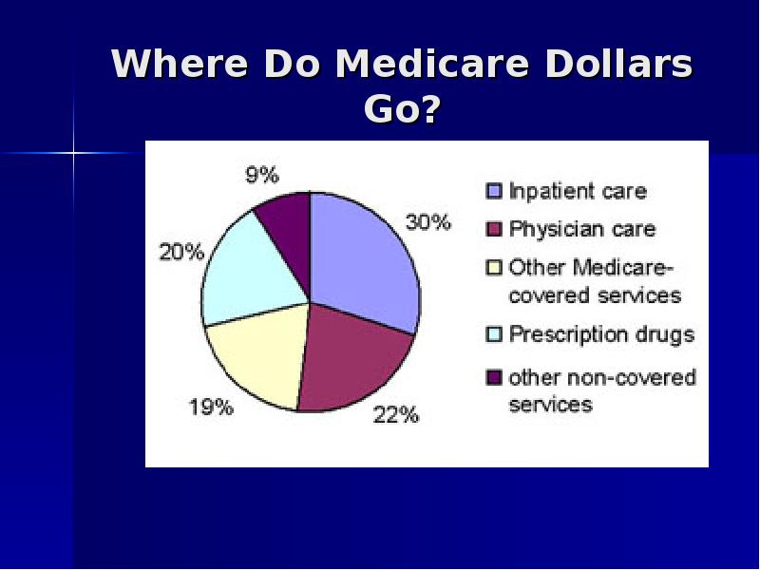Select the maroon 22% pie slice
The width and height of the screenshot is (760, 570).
tap(351, 356)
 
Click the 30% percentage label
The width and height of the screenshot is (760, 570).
tap(427, 222)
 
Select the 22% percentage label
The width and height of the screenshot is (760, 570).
tap(395, 415)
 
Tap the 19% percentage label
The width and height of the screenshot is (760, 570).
tap(210, 408)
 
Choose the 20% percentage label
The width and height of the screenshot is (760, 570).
tap(180, 252)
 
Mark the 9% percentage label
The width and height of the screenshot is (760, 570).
tap(262, 175)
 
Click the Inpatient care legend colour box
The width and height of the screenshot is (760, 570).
tap(493, 191)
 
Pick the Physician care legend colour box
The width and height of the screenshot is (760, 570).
tap(493, 229)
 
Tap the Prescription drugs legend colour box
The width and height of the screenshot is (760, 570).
tap(493, 334)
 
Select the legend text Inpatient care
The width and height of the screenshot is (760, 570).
tap(578, 191)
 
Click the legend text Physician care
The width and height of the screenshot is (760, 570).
tap(581, 229)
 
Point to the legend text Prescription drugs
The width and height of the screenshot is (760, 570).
tap(601, 334)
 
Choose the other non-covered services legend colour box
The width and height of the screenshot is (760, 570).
tap(493, 377)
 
